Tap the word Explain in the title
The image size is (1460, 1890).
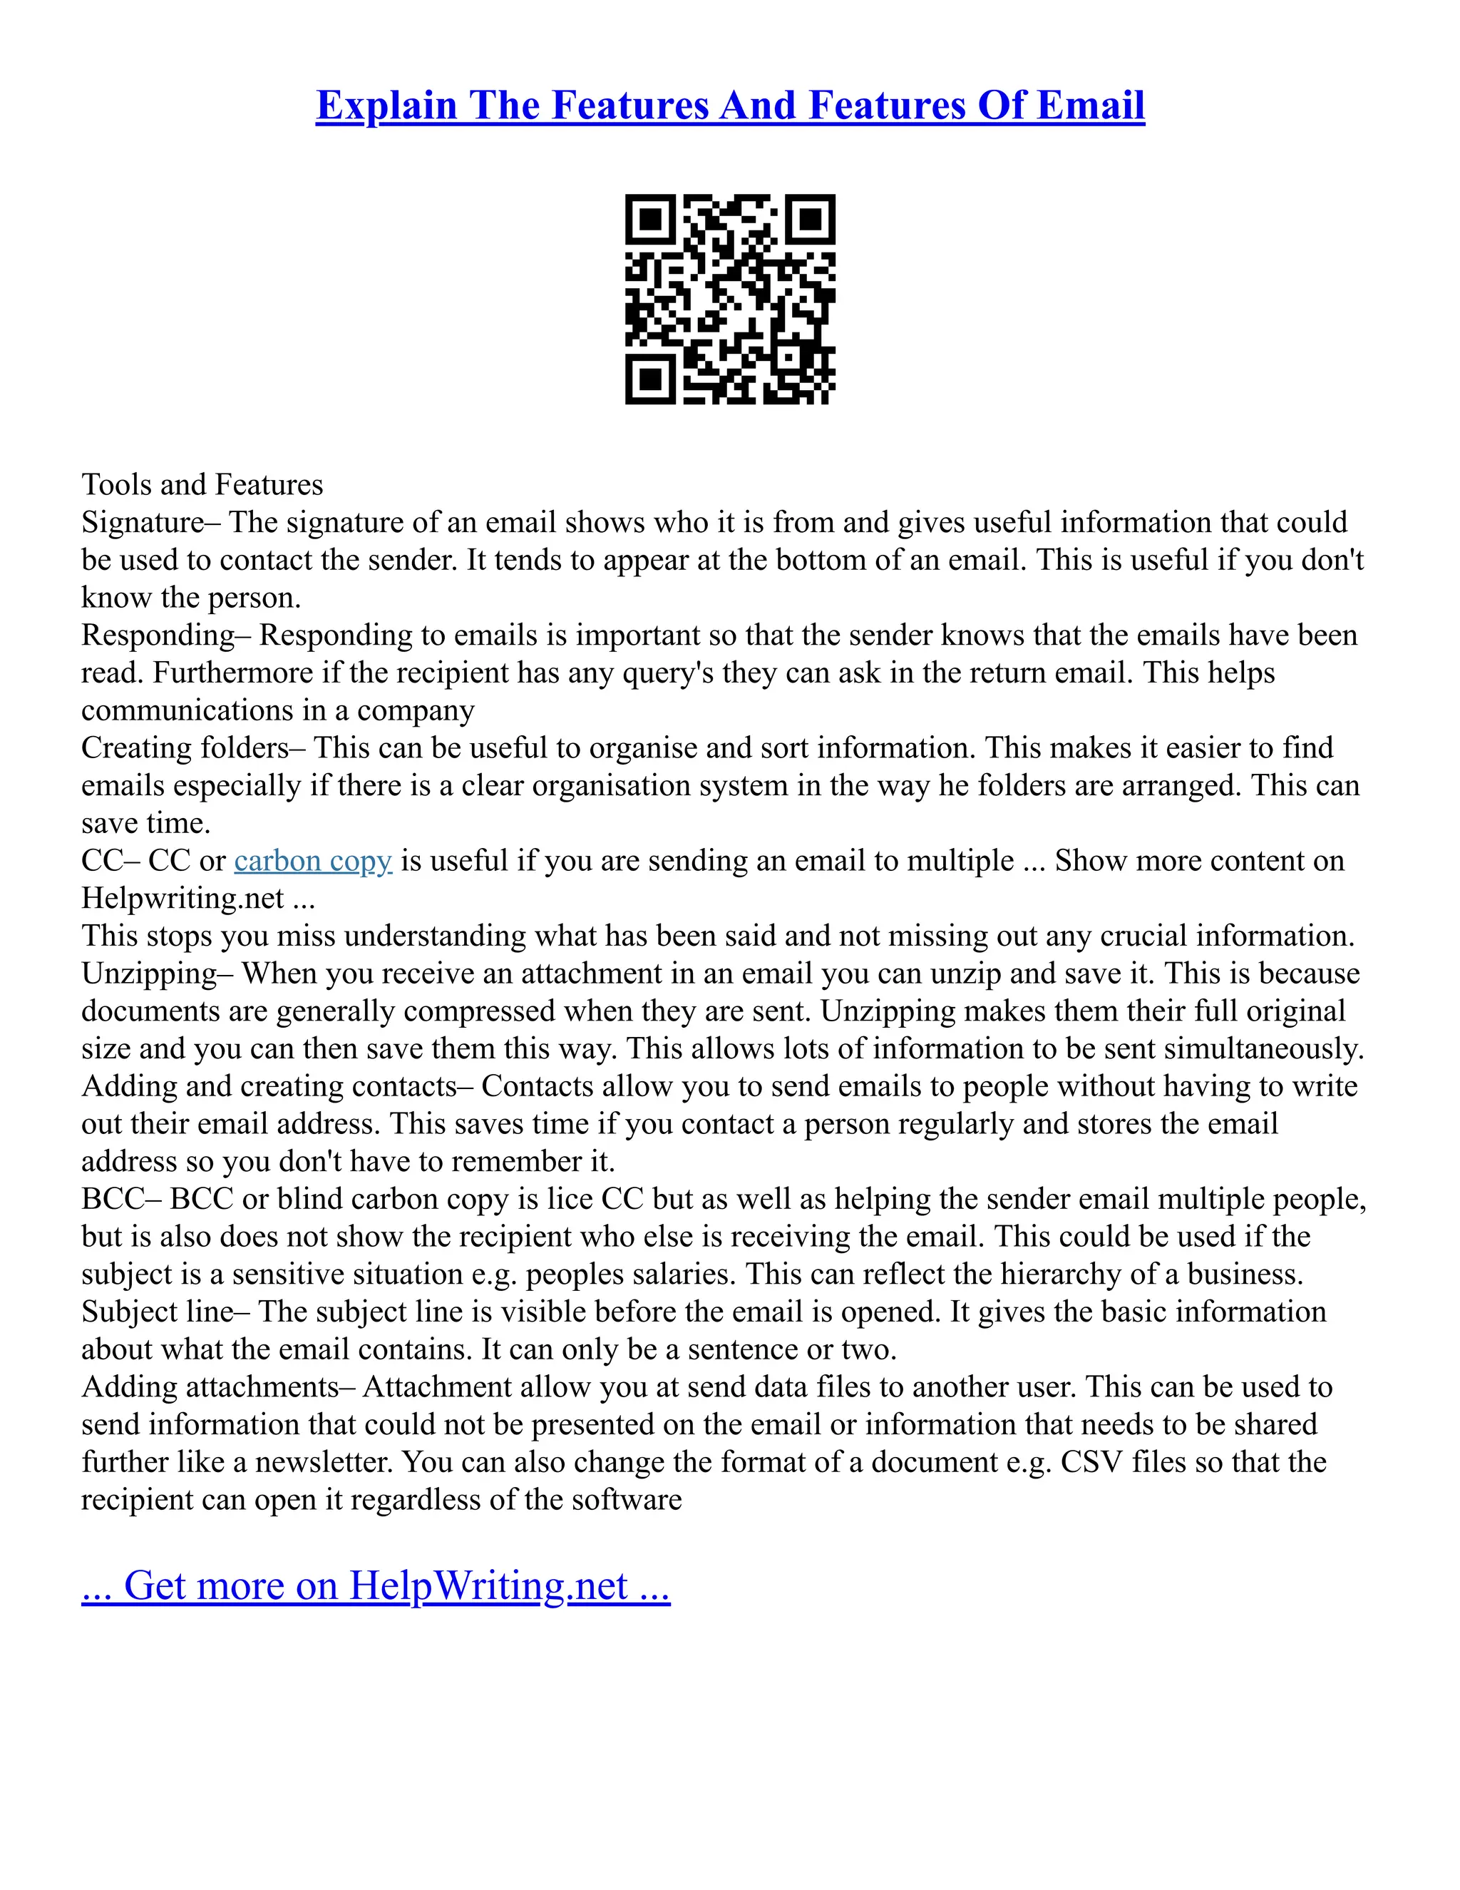point(386,106)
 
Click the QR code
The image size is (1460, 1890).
point(730,299)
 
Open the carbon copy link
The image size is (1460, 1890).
point(313,860)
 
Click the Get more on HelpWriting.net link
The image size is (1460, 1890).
point(376,1585)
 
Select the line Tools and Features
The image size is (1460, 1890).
point(202,484)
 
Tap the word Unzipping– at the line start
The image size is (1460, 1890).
point(158,974)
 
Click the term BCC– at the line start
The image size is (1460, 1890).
point(121,1199)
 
